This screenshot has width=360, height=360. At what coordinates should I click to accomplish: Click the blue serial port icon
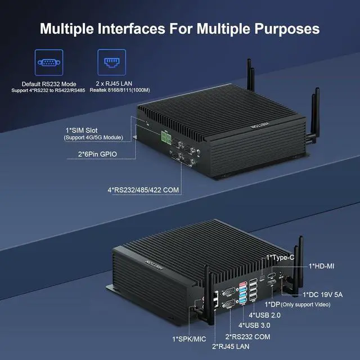[49, 62]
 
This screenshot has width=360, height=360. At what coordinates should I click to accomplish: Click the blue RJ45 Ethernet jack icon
[112, 62]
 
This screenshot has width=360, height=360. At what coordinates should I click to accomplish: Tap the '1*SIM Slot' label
[82, 130]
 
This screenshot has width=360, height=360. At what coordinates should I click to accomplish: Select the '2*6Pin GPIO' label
[97, 154]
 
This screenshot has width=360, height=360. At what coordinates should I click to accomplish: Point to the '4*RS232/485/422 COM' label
[143, 190]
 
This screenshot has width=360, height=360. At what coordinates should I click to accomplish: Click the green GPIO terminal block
[166, 138]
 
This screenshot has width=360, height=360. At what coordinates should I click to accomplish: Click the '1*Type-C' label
[280, 258]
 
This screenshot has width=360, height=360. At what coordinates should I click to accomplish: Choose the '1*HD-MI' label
[321, 266]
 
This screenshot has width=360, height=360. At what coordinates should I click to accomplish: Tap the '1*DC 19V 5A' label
[322, 295]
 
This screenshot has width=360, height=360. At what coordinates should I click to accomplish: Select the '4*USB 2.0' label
[264, 315]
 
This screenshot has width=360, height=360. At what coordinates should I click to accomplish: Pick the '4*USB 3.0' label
[254, 325]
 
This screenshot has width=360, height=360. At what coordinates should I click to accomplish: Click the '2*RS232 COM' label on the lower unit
[247, 337]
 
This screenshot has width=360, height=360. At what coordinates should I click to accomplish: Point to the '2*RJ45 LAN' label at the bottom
[231, 346]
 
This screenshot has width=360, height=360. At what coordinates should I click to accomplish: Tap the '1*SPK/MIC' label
[189, 339]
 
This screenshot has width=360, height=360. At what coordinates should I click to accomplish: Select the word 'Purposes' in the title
[287, 29]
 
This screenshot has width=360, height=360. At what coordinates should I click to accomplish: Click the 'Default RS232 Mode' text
[49, 84]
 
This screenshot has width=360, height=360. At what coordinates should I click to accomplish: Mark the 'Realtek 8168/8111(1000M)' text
[120, 90]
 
